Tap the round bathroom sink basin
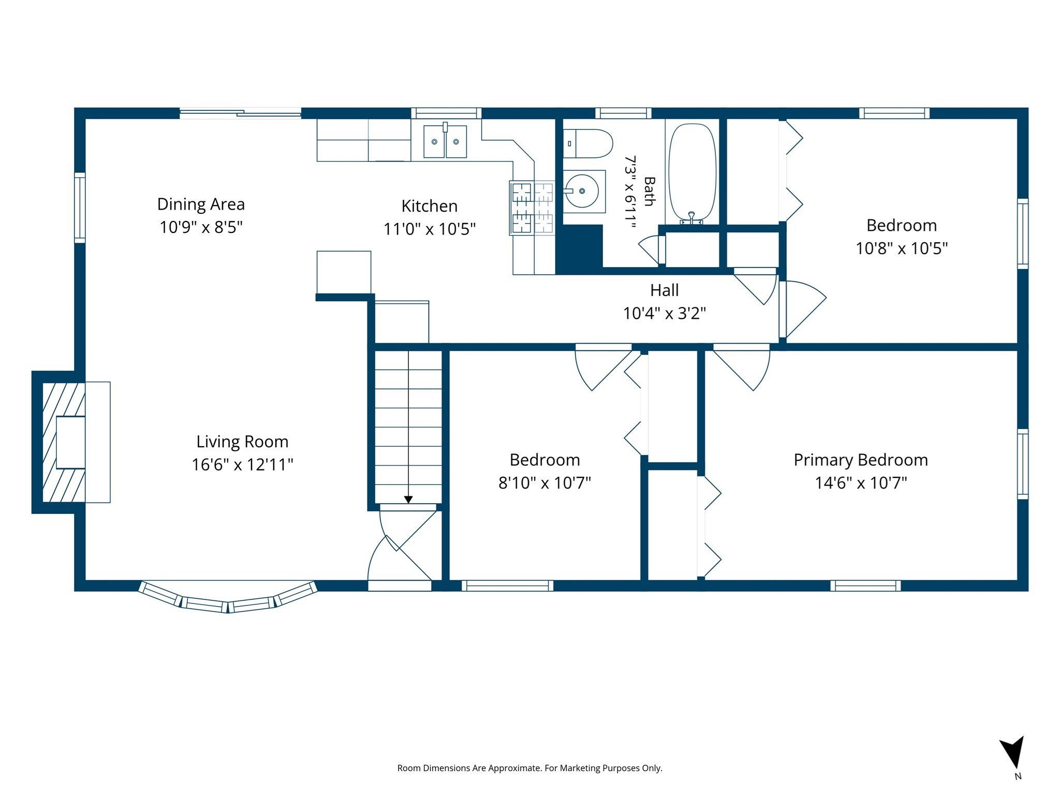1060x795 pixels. click(x=582, y=191)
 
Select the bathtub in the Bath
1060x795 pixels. click(x=693, y=172)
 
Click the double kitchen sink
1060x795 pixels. click(x=445, y=141)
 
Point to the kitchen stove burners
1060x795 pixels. click(x=532, y=208)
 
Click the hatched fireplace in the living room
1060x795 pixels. click(x=63, y=442)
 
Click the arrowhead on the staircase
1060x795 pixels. click(x=408, y=499)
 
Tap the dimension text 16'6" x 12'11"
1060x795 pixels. click(x=242, y=464)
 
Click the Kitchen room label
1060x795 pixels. click(x=430, y=206)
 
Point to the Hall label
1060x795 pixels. click(x=665, y=290)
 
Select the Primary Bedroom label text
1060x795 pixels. click(x=861, y=460)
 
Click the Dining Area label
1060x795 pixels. click(x=201, y=204)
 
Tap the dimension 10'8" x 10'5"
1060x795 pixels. click(x=902, y=248)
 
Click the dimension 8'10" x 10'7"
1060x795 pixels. click(x=544, y=483)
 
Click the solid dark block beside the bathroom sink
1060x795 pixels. click(x=579, y=249)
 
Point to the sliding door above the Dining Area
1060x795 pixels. click(x=240, y=113)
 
